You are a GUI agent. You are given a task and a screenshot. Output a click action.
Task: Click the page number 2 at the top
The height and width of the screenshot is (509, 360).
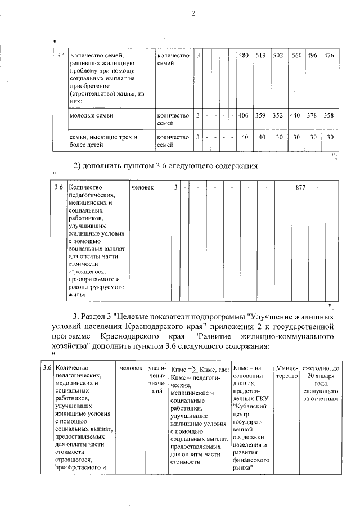click(192, 14)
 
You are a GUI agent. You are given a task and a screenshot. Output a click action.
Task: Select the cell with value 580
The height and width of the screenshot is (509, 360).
click(244, 56)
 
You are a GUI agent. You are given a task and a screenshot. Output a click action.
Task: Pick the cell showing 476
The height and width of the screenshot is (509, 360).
click(330, 56)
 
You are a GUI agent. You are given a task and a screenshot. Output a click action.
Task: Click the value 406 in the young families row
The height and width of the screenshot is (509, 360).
click(244, 115)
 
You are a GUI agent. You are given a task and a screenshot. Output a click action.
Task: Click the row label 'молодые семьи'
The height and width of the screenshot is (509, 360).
click(91, 115)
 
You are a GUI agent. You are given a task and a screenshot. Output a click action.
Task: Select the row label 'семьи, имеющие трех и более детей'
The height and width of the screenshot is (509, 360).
click(103, 140)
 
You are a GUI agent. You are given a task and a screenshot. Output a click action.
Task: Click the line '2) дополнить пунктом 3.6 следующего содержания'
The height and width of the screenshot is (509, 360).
click(166, 166)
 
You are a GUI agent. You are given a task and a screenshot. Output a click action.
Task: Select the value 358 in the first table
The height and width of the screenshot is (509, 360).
click(330, 115)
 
